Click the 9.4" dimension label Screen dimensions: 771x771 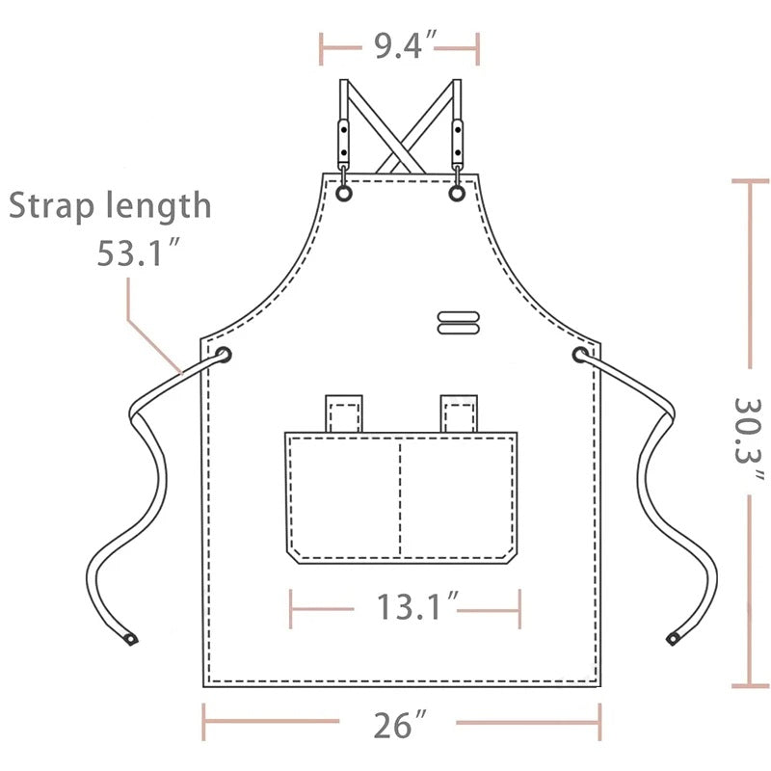click(x=405, y=45)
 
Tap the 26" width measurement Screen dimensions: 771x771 click(x=399, y=725)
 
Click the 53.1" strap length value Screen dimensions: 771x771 click(x=138, y=253)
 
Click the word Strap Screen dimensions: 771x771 click(x=51, y=206)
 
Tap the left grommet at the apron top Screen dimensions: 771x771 click(x=344, y=194)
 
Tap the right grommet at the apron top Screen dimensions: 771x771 click(x=457, y=194)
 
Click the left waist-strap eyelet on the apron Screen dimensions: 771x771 click(x=224, y=355)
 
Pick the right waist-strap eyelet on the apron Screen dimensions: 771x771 click(x=581, y=355)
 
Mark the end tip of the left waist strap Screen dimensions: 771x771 click(x=131, y=639)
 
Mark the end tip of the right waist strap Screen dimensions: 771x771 click(x=673, y=639)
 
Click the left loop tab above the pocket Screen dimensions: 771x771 click(x=344, y=413)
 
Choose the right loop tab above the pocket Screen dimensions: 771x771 click(x=459, y=413)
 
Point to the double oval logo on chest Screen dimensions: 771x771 click(x=459, y=323)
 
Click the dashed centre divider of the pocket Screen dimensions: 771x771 click(x=400, y=498)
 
